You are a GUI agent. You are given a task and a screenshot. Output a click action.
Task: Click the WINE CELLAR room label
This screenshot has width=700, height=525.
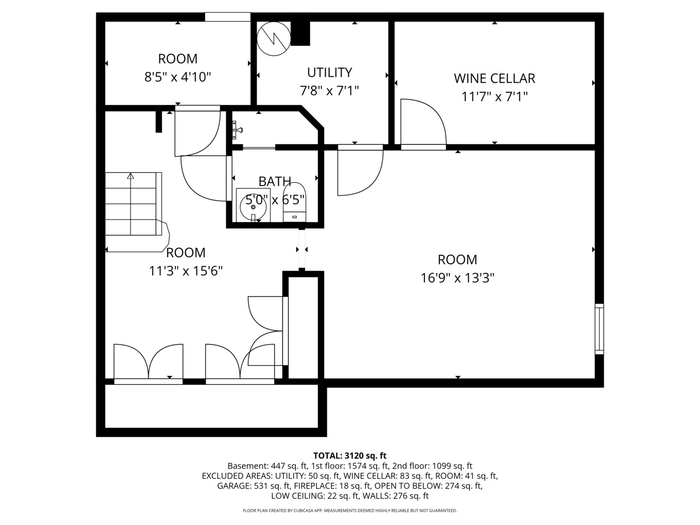click(x=494, y=78)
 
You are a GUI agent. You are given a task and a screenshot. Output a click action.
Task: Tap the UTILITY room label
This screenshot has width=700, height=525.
click(x=329, y=72)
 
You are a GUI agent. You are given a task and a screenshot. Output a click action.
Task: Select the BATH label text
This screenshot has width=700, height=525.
click(x=275, y=181)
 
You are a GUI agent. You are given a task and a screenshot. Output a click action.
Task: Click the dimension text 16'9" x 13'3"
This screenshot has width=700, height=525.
click(x=457, y=278)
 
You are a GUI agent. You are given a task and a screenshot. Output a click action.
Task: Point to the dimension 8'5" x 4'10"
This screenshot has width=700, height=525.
click(x=177, y=77)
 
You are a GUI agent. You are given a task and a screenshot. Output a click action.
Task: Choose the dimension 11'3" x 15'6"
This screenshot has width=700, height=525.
click(x=186, y=271)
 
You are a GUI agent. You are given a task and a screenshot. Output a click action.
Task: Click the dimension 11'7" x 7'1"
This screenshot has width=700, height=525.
click(x=494, y=97)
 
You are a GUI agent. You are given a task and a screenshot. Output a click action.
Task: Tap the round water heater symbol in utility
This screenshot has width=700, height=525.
click(x=273, y=38)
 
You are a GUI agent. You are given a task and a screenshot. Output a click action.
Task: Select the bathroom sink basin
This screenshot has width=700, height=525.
click(x=253, y=207)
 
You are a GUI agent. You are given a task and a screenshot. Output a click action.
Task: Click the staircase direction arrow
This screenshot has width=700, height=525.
click(x=130, y=176)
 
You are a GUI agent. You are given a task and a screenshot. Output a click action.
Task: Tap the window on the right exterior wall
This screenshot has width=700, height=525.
click(x=599, y=329)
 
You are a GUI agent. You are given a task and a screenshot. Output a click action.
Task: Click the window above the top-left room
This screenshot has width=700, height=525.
click(x=227, y=17)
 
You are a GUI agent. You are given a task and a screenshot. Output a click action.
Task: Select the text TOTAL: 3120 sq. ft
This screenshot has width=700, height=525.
click(x=350, y=455)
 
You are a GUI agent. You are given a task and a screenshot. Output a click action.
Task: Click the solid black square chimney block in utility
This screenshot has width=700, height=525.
click(x=300, y=34)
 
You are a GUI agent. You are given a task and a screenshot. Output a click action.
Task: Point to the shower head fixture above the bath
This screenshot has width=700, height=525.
click(x=237, y=130)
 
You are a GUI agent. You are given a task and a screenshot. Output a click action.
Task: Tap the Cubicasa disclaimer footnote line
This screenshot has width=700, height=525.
click(x=350, y=510)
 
